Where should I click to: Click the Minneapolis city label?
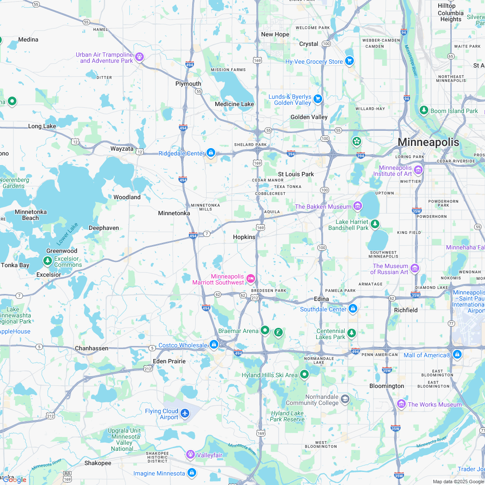coord(428,142)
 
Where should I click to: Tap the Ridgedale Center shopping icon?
coord(211,152)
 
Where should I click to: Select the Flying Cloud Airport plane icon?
coord(185,413)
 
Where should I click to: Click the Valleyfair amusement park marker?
coord(190,455)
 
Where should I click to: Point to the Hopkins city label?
coord(244,237)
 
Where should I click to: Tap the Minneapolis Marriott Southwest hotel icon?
coord(250,278)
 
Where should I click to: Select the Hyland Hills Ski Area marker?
coord(304,374)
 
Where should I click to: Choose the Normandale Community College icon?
coord(345,399)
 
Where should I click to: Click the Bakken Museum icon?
coord(358,206)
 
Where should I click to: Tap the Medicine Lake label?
coord(234,104)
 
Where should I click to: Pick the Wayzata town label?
coord(122,149)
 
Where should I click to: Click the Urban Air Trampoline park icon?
coord(139,56)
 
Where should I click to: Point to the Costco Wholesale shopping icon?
coord(213,345)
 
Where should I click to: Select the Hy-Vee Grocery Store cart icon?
coord(349,61)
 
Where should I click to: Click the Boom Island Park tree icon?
coord(424,110)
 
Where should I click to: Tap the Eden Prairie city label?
coord(169,361)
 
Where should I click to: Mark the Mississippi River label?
coord(411,61)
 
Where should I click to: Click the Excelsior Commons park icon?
coord(47,261)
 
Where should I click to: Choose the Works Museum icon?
coord(401,404)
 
